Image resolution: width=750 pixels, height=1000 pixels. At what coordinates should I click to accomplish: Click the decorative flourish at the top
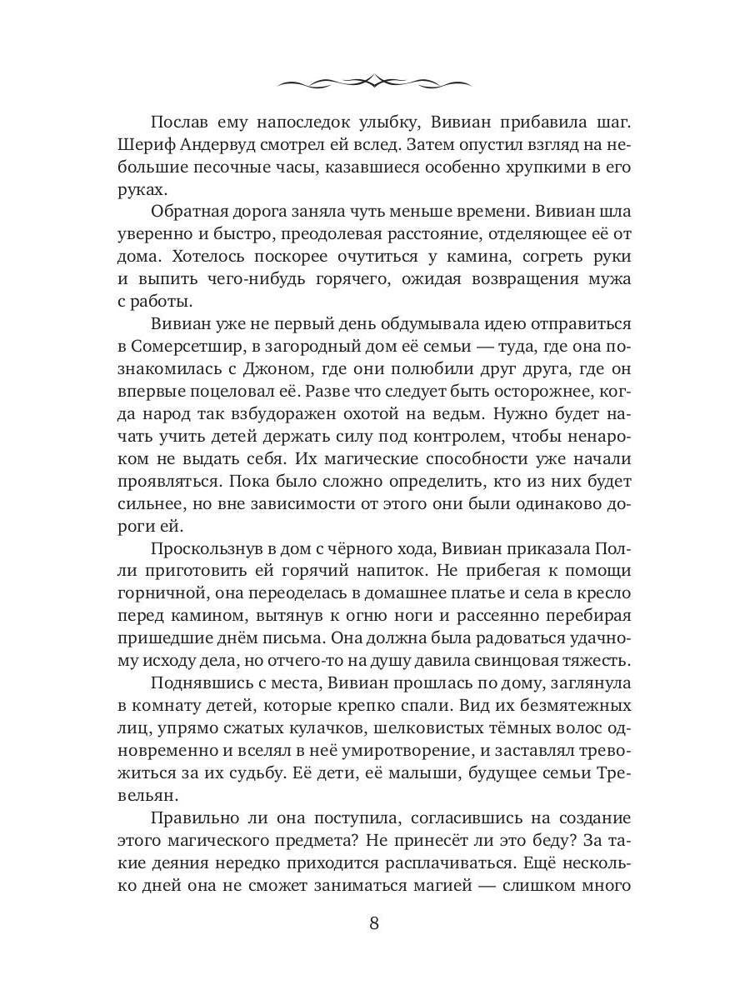374,82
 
